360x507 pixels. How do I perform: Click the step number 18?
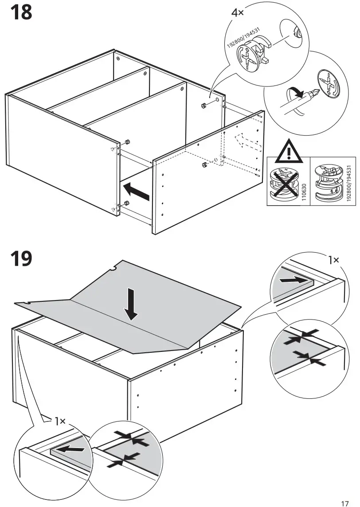(x=21, y=12)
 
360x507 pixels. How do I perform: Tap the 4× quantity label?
(x=238, y=12)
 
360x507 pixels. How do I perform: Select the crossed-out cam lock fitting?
(x=284, y=182)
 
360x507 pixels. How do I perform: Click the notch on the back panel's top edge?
(x=114, y=268)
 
